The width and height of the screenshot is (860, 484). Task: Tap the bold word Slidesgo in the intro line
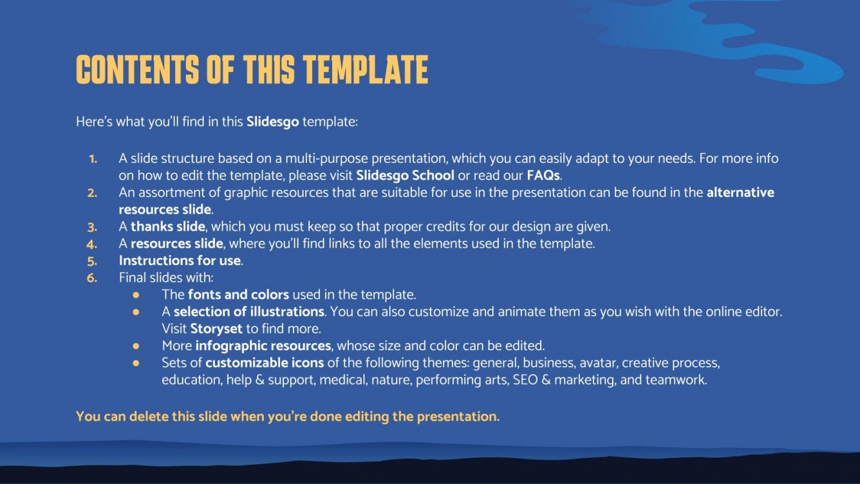272,121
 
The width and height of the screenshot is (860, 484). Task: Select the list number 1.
93,158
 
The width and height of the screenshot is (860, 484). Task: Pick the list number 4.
92,244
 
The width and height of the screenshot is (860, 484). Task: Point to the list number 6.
92,278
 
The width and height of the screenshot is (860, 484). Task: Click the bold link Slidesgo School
405,175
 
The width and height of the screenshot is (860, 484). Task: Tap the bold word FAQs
543,175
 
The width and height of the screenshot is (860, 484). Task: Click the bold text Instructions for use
180,261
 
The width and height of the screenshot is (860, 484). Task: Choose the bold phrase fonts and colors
238,295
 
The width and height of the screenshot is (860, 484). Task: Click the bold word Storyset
216,329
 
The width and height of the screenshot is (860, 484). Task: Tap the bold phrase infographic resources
272,346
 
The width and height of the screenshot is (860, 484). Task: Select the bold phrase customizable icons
265,363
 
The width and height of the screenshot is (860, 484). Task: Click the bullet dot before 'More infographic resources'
136,346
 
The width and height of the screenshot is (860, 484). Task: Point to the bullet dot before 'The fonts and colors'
136,295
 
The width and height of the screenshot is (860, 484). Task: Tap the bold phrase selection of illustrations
248,312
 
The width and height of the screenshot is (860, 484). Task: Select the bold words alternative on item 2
740,192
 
